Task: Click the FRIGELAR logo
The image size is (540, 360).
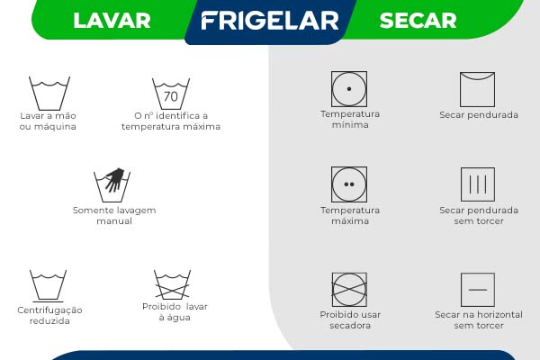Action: click(269, 21)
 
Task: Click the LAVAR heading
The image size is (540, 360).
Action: click(112, 21)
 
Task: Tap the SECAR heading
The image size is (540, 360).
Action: click(418, 21)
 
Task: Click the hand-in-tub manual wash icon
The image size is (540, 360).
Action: click(112, 184)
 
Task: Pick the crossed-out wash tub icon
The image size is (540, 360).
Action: click(171, 285)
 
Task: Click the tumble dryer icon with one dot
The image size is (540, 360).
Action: click(349, 89)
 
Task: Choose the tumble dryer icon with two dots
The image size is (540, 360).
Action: click(349, 184)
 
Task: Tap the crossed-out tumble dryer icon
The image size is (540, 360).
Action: click(349, 290)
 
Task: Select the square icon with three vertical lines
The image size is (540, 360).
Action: click(478, 184)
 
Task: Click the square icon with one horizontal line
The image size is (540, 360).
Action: click(478, 290)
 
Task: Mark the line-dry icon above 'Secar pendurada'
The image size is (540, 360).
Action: click(478, 89)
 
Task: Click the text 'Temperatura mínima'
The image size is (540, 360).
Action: click(350, 120)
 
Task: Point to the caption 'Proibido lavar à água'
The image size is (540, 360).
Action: click(175, 312)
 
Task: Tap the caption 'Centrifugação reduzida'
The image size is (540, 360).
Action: click(49, 315)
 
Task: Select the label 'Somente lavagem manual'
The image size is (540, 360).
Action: click(114, 215)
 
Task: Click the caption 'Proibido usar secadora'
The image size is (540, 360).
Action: click(350, 319)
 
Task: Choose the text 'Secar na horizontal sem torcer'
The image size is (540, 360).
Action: click(479, 319)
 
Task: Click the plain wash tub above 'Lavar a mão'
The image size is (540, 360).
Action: click(49, 94)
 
